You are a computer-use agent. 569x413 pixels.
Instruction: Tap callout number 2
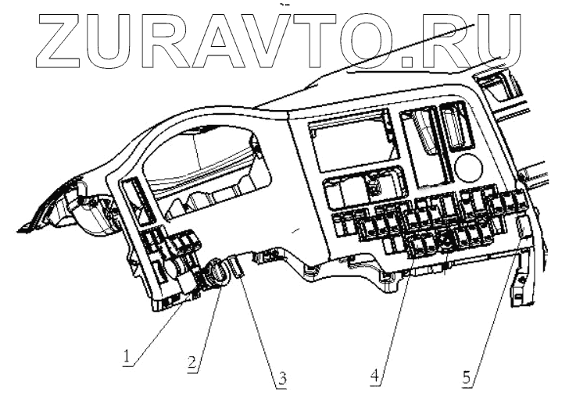190,363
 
